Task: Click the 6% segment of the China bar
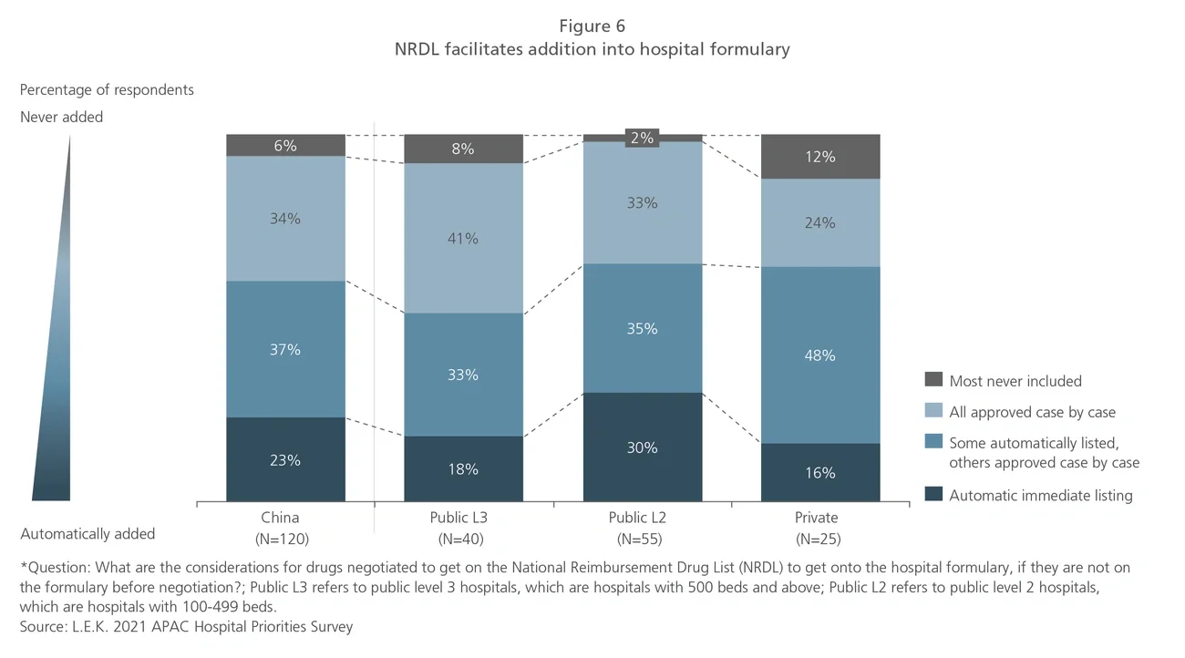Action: pyautogui.click(x=285, y=146)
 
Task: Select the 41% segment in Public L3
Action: pyautogui.click(x=463, y=238)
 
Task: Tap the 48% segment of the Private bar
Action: pyautogui.click(x=820, y=355)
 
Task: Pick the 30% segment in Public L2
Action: pyautogui.click(x=642, y=447)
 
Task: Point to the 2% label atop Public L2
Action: pyautogui.click(x=642, y=138)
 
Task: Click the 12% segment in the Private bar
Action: pyautogui.click(x=820, y=157)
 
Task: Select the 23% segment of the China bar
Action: pyautogui.click(x=285, y=460)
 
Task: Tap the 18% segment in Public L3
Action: pyautogui.click(x=463, y=469)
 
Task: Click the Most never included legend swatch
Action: pyautogui.click(x=933, y=380)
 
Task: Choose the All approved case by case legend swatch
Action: pyautogui.click(x=933, y=412)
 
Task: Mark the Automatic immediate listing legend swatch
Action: pyautogui.click(x=933, y=495)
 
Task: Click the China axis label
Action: pyautogui.click(x=280, y=518)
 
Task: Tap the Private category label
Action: pyautogui.click(x=816, y=518)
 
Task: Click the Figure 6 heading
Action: pyautogui.click(x=592, y=26)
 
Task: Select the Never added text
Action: pyautogui.click(x=61, y=117)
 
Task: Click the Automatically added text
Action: pyautogui.click(x=88, y=534)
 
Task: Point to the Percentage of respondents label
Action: pyautogui.click(x=107, y=90)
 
